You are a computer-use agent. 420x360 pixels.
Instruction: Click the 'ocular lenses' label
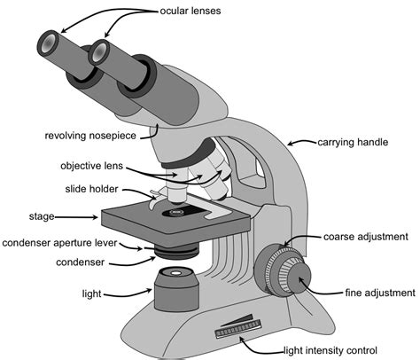click(191, 12)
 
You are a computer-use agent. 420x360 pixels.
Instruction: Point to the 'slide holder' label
click(96, 189)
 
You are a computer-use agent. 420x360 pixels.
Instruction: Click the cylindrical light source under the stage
click(176, 291)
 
